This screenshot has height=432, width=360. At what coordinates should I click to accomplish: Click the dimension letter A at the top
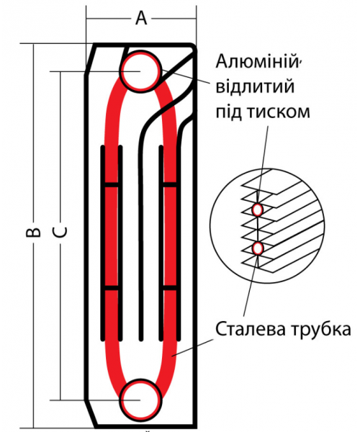click(x=141, y=19)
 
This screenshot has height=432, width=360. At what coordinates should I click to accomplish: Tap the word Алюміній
click(x=257, y=62)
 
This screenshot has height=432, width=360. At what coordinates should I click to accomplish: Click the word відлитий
click(x=255, y=86)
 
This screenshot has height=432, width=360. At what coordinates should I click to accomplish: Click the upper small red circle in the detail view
click(x=258, y=210)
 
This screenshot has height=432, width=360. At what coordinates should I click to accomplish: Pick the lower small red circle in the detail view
click(x=258, y=248)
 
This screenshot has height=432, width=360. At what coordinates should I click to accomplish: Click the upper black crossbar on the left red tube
click(x=112, y=184)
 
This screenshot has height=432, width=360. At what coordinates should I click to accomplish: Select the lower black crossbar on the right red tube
click(x=170, y=288)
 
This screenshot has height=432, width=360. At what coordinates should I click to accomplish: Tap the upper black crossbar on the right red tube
click(x=170, y=184)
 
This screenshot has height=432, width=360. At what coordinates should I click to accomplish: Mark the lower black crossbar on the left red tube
click(x=112, y=288)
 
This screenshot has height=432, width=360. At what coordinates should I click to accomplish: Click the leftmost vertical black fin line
click(x=102, y=243)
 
